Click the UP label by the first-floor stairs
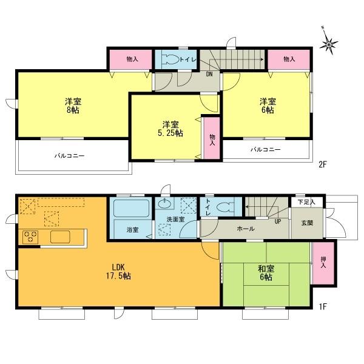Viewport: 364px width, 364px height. point(278,221)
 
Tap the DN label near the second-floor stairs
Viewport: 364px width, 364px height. point(209,75)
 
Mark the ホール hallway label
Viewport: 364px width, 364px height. point(245,229)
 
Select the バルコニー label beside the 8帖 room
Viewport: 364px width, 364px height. point(69,156)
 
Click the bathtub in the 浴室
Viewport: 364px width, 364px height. point(132,209)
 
